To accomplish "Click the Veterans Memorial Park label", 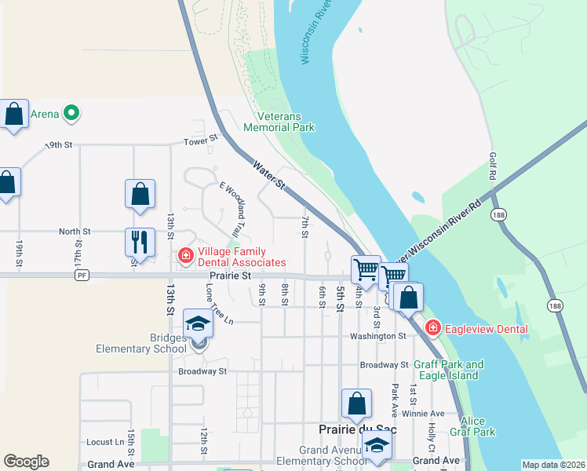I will coord(279,121).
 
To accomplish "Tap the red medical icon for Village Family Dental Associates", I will coord(185,255).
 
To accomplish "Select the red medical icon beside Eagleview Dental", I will coord(431,327).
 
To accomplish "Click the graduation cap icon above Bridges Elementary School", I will coord(198,323).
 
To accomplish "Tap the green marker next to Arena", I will coord(71,114).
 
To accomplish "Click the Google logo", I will coord(26,462).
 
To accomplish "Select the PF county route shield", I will coord(82,276).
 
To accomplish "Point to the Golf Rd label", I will coord(493,166).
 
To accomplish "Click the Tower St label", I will coord(200,141).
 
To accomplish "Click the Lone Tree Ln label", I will coord(220,305).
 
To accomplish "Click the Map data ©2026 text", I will coord(552,465).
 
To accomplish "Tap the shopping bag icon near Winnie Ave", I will coord(356,403).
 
